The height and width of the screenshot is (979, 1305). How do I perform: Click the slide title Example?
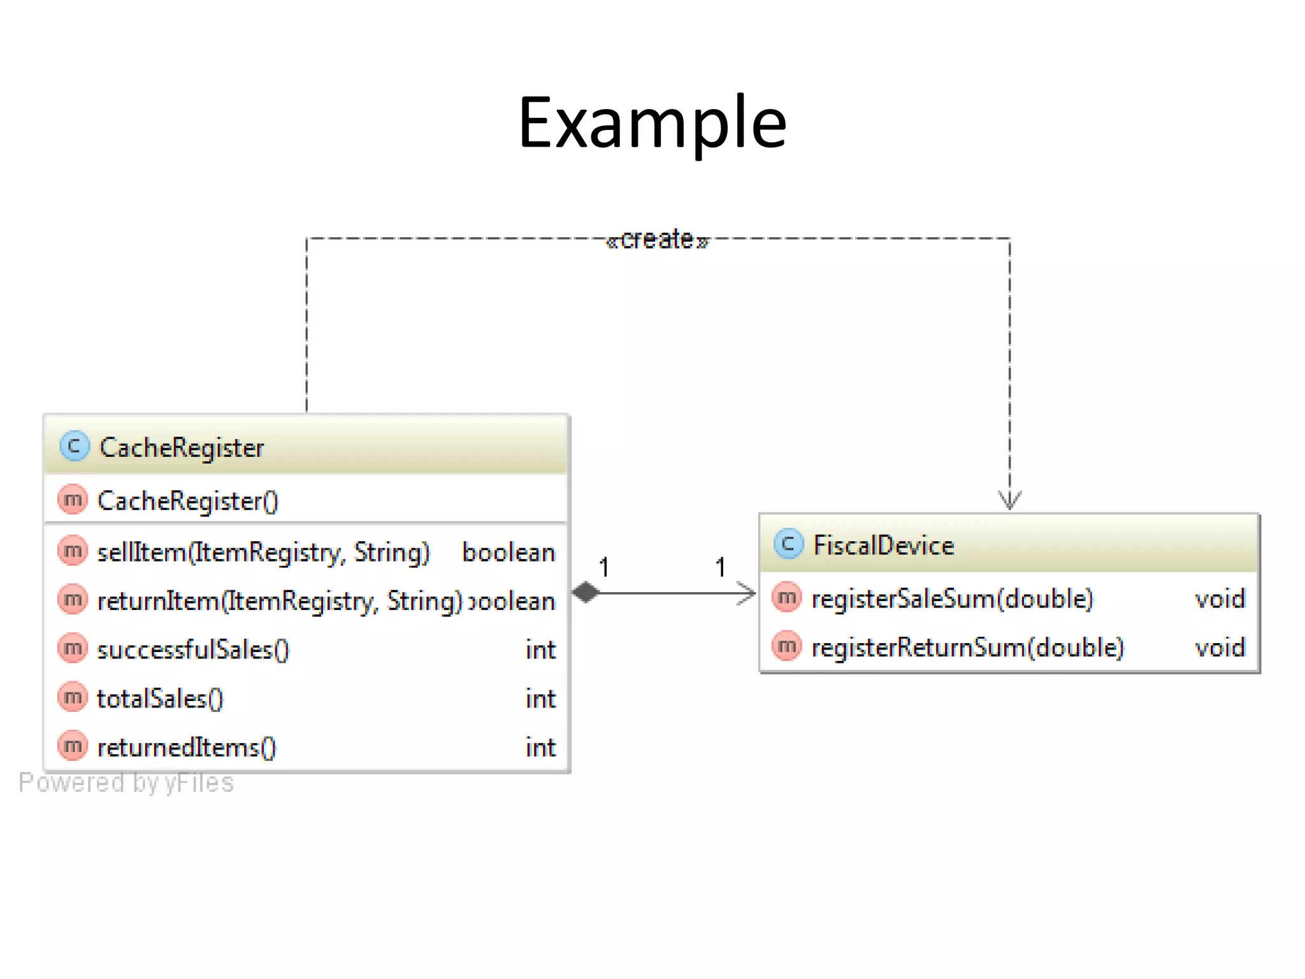[652, 122]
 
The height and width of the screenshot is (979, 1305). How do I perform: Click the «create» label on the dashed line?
[657, 240]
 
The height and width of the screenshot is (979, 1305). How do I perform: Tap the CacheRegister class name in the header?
[182, 447]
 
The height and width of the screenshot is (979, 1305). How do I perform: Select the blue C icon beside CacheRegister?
[74, 446]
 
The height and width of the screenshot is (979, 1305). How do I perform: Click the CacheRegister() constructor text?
[187, 501]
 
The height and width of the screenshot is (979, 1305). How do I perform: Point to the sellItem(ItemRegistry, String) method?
[263, 552]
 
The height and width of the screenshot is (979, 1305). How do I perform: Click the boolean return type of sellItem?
[508, 552]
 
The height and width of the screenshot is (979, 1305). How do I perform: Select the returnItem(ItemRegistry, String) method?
[279, 601]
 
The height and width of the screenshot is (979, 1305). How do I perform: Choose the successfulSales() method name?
[192, 649]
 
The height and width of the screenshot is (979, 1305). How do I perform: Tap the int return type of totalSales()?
[540, 699]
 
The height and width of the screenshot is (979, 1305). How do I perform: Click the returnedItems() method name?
[186, 747]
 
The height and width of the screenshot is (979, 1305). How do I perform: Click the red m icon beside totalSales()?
[72, 697]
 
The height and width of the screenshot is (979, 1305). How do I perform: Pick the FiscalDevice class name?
[883, 546]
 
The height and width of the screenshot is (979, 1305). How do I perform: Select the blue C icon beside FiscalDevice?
[788, 544]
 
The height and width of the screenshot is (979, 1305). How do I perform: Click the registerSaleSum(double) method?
[952, 598]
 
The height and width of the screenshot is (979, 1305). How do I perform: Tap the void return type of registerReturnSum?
[1219, 648]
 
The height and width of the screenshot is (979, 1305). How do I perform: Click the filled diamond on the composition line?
[586, 592]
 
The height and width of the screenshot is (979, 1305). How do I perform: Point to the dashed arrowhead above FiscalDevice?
[1009, 500]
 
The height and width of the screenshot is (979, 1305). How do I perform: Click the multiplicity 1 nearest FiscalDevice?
[720, 567]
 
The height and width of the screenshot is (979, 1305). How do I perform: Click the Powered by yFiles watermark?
[126, 783]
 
